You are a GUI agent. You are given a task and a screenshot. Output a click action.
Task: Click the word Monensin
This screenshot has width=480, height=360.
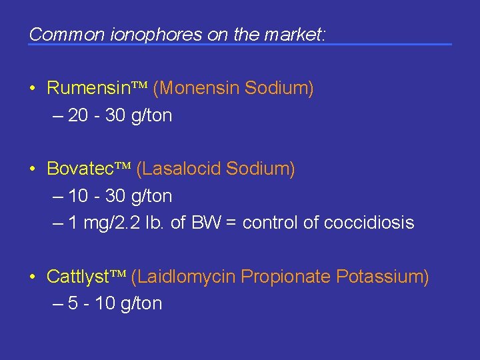tap(198, 88)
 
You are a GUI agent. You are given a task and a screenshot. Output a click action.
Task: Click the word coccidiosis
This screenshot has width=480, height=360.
tap(369, 223)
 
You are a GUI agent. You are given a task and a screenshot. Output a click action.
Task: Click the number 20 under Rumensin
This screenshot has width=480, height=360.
tap(78, 115)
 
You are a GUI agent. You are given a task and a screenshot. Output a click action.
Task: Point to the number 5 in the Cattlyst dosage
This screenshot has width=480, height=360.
tap(73, 303)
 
